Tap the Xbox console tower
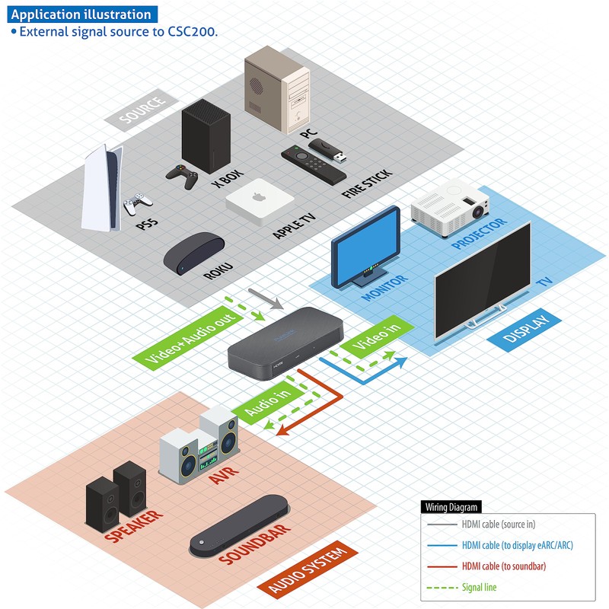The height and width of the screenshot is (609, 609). [x=206, y=138]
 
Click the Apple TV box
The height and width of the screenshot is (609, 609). [x=256, y=201]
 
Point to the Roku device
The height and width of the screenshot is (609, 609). [x=194, y=254]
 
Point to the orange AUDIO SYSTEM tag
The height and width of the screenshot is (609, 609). [x=309, y=570]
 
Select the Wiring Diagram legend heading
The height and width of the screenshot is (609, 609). [x=451, y=507]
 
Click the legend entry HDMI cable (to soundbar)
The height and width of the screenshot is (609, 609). [x=503, y=566]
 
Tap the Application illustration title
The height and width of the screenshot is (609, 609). [x=82, y=14]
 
